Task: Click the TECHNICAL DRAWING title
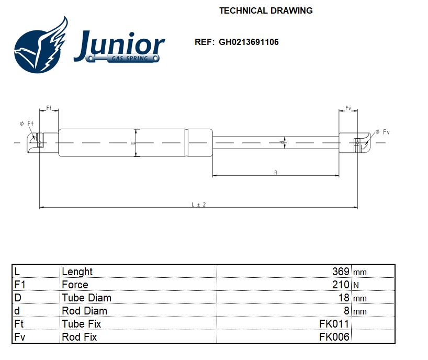pyautogui.click(x=266, y=10)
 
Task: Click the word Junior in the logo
pyautogui.click(x=119, y=44)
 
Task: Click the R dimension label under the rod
pyautogui.click(x=276, y=173)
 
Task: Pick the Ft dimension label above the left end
pyautogui.click(x=49, y=108)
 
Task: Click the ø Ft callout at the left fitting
pyautogui.click(x=26, y=123)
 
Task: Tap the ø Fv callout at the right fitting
pyautogui.click(x=383, y=132)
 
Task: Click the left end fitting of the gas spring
pyautogui.click(x=41, y=142)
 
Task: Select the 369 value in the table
pyautogui.click(x=341, y=272)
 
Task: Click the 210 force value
pyautogui.click(x=341, y=285)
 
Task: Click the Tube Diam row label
pyautogui.click(x=86, y=298)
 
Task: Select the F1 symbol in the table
pyautogui.click(x=20, y=285)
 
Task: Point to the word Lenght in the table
pyautogui.click(x=77, y=272)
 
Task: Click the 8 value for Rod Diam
pyautogui.click(x=346, y=311)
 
